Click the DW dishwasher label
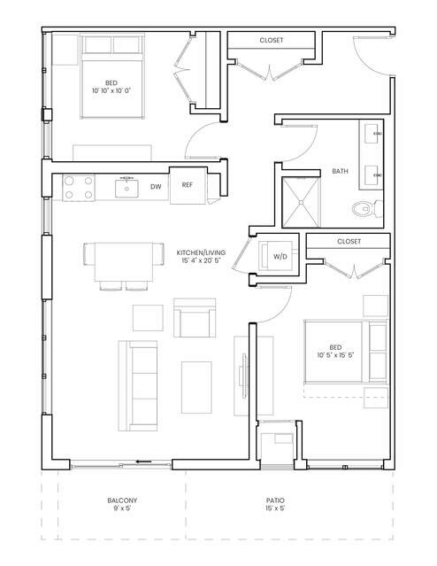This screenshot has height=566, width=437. (156, 187)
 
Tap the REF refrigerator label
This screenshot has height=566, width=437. (188, 185)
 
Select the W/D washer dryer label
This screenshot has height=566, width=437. (280, 257)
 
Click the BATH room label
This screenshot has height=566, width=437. (340, 171)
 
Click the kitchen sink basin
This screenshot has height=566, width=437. (126, 189)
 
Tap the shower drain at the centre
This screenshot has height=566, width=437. (301, 203)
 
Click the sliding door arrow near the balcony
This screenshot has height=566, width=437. (143, 461)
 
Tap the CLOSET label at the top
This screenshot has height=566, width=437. (272, 40)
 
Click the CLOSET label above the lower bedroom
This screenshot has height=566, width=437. (349, 241)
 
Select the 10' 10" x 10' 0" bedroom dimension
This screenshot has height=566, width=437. (111, 90)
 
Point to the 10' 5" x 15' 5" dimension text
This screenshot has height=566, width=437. (335, 355)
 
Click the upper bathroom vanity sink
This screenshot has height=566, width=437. (372, 134)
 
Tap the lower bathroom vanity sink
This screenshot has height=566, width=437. (372, 175)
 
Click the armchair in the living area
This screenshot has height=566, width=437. (195, 318)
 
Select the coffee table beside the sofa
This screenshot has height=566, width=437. (196, 387)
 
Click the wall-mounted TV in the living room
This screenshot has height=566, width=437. (245, 376)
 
